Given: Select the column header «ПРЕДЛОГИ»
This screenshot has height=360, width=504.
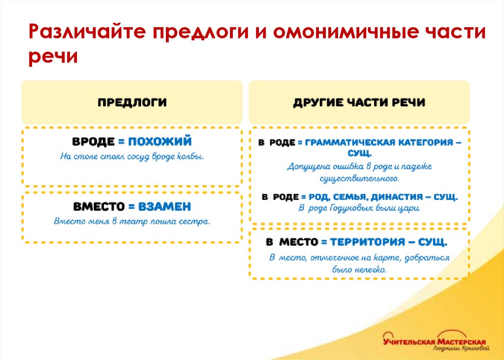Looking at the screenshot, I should (x=132, y=102).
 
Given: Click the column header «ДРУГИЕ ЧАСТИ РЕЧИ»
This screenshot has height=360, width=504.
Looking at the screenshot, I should (x=359, y=102).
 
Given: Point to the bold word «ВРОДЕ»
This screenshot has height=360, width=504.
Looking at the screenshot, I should (x=93, y=141).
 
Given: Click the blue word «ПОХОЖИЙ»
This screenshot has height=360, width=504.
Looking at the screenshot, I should (x=160, y=141).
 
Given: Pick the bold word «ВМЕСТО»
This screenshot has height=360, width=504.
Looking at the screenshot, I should (x=98, y=206).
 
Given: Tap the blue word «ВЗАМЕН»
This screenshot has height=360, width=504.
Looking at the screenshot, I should (x=164, y=206).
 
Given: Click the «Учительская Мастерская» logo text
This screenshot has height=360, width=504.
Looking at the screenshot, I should (x=435, y=341).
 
